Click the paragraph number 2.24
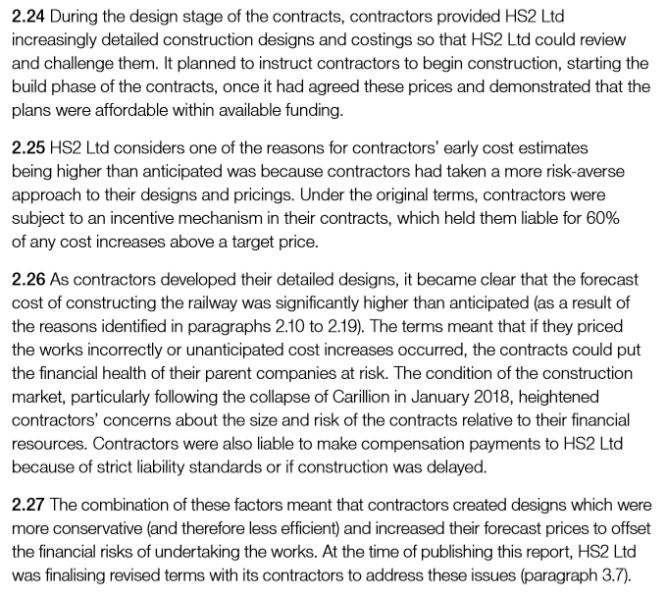(28, 18)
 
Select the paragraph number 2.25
(28, 149)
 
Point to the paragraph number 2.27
(28, 505)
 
